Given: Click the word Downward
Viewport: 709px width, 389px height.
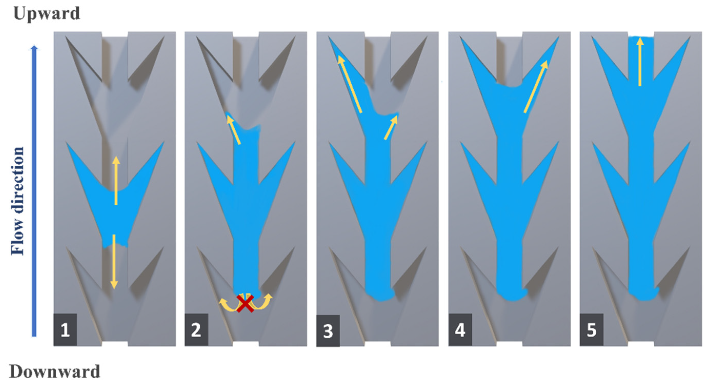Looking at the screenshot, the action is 55,371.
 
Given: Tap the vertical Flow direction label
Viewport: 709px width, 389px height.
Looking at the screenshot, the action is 17,201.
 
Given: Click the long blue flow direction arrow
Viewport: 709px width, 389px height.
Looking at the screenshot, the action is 34,191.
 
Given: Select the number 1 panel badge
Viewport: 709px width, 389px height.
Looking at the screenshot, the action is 65,330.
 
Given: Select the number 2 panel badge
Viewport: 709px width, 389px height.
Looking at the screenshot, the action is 196,330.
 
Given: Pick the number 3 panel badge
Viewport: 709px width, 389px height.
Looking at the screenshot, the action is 328,331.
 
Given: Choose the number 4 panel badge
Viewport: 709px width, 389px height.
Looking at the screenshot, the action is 460,330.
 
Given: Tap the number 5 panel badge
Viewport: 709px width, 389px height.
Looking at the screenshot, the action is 592,330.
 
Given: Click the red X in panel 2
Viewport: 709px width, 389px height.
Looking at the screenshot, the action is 245,303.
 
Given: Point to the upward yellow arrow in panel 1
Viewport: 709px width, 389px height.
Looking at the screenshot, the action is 116,181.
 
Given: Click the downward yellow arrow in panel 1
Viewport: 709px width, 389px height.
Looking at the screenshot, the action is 114,262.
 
